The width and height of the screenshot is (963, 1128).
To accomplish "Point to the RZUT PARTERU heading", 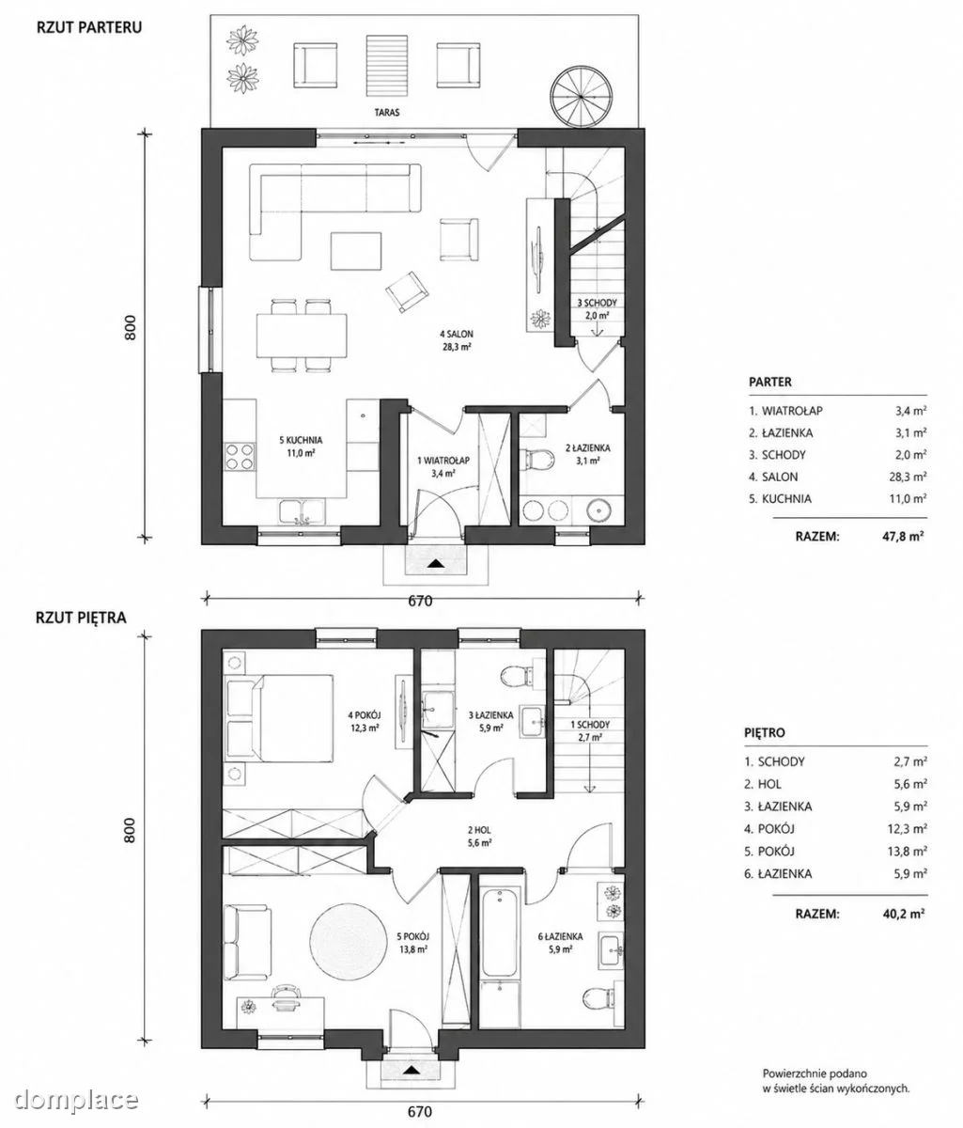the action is tap(88, 26).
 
